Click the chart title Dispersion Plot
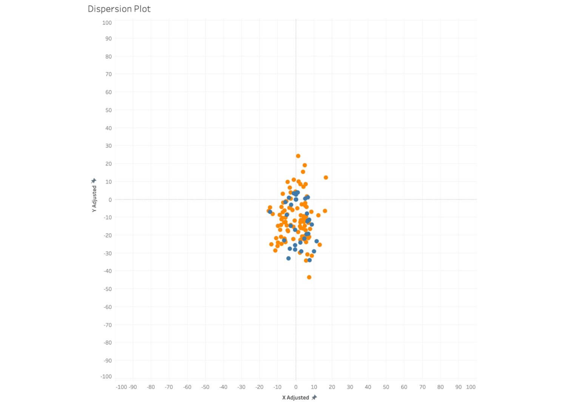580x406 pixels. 119,9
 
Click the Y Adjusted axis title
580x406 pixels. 94,198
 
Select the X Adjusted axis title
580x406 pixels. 295,397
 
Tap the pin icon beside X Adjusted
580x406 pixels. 314,397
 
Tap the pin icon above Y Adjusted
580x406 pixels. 94,181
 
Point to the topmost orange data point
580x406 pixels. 298,156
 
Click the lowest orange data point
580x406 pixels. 309,277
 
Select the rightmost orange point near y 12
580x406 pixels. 325,178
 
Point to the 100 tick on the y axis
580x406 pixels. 107,23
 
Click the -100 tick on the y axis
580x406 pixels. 106,377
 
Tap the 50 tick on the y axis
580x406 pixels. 108,110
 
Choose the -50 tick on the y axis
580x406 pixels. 108,289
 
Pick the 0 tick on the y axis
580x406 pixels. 110,199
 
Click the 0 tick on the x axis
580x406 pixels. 296,387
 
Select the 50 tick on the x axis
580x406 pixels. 386,387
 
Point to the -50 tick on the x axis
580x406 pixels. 205,387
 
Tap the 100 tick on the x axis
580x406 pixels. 470,387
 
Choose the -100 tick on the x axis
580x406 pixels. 121,387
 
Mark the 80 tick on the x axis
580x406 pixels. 440,387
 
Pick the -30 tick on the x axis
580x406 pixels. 241,387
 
